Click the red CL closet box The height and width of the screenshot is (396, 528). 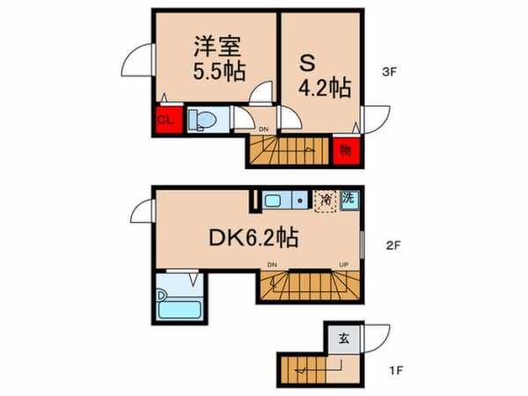165,119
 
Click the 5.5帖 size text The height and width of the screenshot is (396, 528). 219,70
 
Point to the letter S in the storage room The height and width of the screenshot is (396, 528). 308,62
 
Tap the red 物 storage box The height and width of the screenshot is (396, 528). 345,149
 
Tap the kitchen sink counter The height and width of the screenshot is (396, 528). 283,201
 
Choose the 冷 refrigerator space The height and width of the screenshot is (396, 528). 326,202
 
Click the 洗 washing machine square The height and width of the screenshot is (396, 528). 349,200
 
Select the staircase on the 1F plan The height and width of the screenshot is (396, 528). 304,369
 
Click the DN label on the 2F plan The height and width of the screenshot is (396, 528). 271,264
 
